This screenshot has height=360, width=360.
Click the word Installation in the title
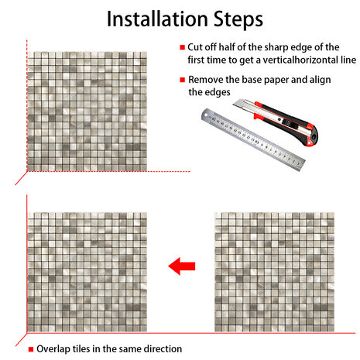click(157, 19)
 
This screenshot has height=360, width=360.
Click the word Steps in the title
click(238, 20)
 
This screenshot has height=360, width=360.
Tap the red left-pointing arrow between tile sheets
click(182, 266)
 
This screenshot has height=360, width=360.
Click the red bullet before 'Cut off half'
click(183, 47)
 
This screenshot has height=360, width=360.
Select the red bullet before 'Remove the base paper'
click(183, 80)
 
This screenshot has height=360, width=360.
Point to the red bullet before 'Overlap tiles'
click(31, 349)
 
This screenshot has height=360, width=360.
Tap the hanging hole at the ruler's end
click(206, 115)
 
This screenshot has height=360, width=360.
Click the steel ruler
click(253, 140)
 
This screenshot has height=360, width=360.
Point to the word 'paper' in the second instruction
click(276, 81)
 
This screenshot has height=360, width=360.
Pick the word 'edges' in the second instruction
click(218, 93)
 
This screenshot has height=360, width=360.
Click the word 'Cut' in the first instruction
click(195, 47)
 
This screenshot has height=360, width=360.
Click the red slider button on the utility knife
click(258, 116)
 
